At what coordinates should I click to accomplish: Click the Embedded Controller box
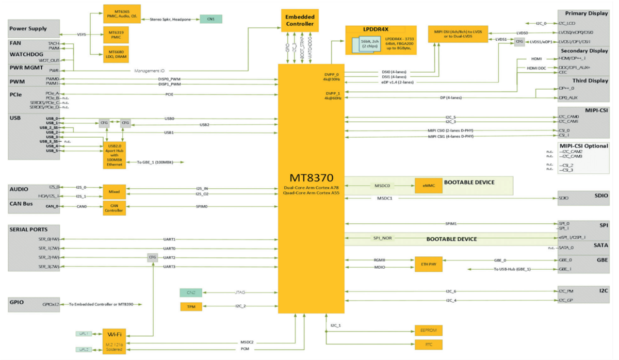pos(300,20)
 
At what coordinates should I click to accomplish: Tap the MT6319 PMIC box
pos(115,35)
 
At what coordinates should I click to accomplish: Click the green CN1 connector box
pos(210,19)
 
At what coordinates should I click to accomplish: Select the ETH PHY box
pos(429,264)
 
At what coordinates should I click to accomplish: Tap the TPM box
pos(191,307)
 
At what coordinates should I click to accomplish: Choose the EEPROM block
pos(429,330)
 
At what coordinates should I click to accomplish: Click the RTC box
pos(429,345)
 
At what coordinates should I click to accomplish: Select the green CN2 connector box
pos(191,292)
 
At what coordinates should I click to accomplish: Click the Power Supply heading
pos(28,29)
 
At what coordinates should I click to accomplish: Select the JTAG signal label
pos(240,292)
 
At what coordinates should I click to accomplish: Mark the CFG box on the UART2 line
pos(153,257)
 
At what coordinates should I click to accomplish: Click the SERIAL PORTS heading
pos(28,229)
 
